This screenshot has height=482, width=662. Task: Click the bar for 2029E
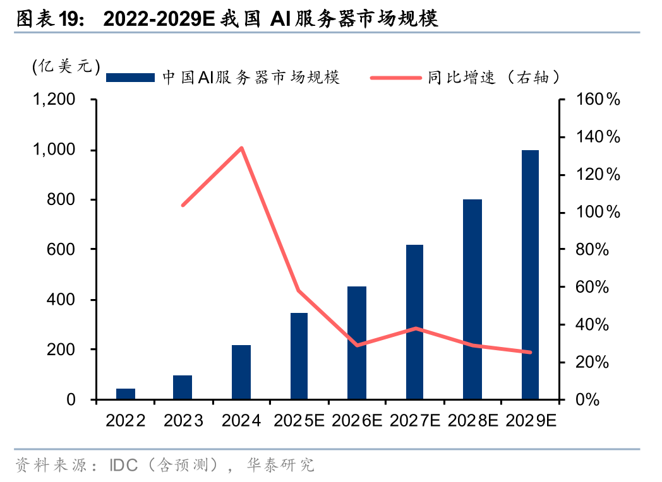pos(530,274)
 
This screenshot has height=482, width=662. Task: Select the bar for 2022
pos(126,394)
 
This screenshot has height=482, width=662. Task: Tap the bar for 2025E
pos(299,356)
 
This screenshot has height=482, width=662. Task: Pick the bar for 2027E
pos(414,322)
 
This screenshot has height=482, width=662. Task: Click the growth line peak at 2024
pos(241,148)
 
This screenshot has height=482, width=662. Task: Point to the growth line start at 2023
pos(183,205)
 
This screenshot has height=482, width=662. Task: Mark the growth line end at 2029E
pos(530,352)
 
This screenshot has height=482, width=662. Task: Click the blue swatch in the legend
pos(130,78)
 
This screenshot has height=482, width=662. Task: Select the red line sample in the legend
pos(395,78)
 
